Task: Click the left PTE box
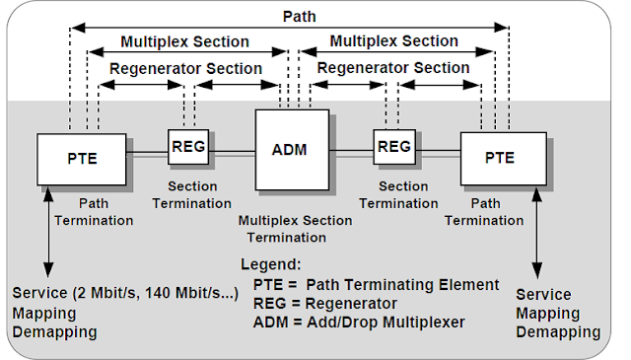[x=81, y=158]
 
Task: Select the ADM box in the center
[x=290, y=150]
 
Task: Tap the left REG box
[x=187, y=146]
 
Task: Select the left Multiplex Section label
[x=184, y=42]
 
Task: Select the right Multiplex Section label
[x=393, y=41]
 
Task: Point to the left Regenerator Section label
[x=185, y=68]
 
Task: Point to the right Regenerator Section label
[x=393, y=68]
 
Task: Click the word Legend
[x=271, y=265]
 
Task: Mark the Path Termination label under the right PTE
[x=483, y=212]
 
